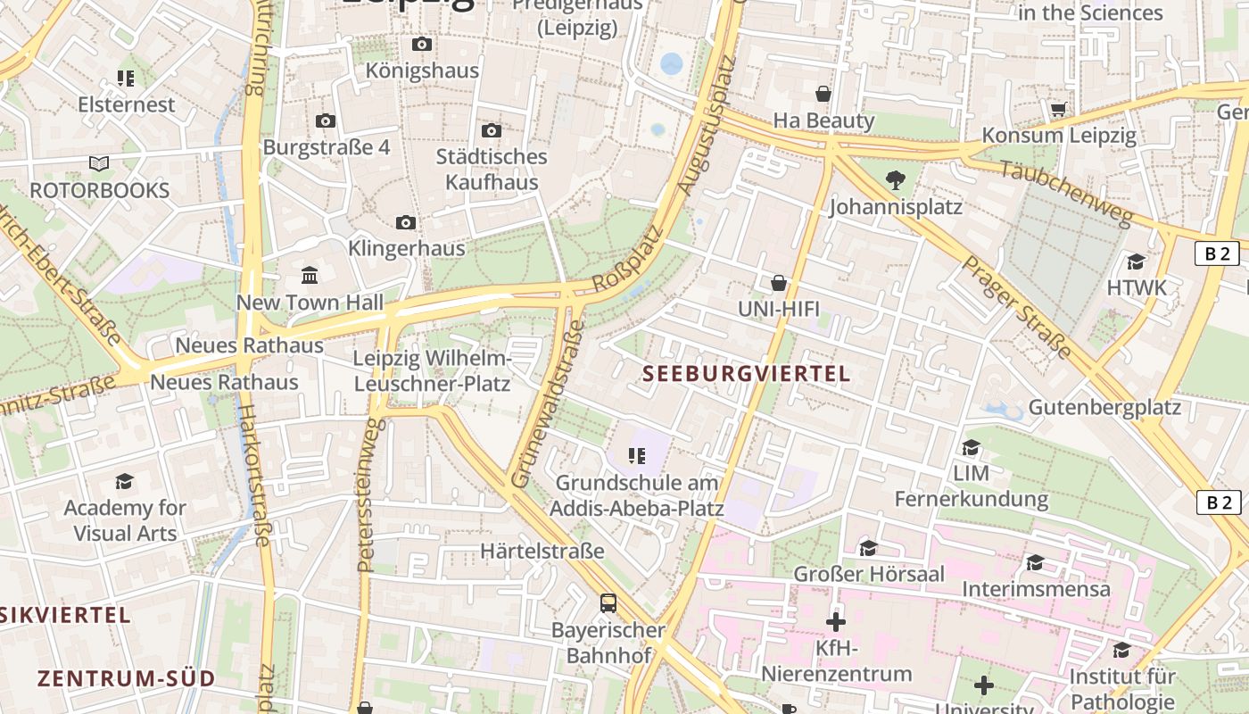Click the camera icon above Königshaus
coord(422,44)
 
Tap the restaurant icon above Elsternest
coord(126,79)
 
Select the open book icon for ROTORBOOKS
coord(99,164)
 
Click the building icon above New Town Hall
coord(310,276)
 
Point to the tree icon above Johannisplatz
coord(896,180)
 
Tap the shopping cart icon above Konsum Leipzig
coord(1058,109)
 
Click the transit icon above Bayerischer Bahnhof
coord(608,602)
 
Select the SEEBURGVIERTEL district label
coord(747,374)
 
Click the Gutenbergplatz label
coord(1104,408)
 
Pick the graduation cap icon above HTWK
coord(1136,262)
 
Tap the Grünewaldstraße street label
coord(548,403)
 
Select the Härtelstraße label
coord(542,551)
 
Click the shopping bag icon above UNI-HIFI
coord(779,283)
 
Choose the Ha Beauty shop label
coord(823,120)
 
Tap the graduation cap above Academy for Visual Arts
coord(124,482)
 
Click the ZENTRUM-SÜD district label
coord(126,678)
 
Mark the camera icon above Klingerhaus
coord(406,222)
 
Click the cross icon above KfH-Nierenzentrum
coord(836,621)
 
